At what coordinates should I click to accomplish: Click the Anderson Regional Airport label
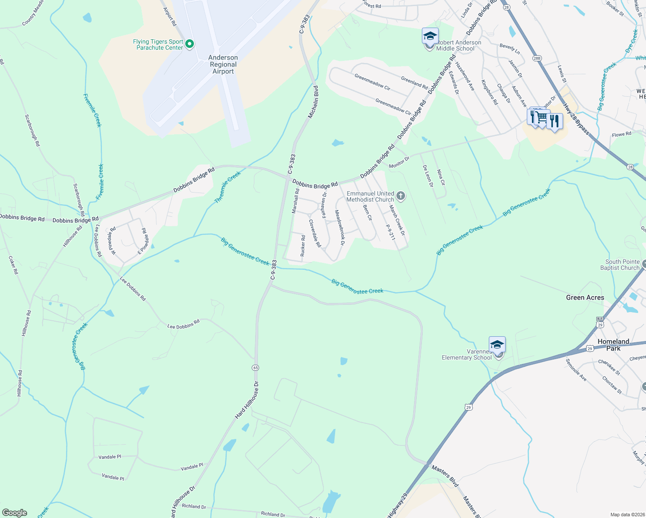click(x=223, y=64)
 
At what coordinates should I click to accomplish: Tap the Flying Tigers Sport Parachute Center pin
click(x=189, y=44)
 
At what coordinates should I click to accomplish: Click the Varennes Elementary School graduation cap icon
click(x=497, y=345)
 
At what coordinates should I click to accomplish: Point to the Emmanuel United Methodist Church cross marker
click(x=401, y=197)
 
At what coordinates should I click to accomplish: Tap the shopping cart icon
click(x=541, y=117)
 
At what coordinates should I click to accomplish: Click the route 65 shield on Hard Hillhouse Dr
click(x=256, y=367)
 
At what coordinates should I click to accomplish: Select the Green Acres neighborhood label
click(x=585, y=297)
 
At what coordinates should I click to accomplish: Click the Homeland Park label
click(x=613, y=344)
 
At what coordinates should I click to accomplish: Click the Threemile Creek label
click(x=228, y=187)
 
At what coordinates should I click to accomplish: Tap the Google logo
click(x=15, y=513)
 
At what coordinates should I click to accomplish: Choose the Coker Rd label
click(x=13, y=265)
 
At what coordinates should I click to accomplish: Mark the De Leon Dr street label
click(x=428, y=176)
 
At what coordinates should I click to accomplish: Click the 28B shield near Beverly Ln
click(x=537, y=58)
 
